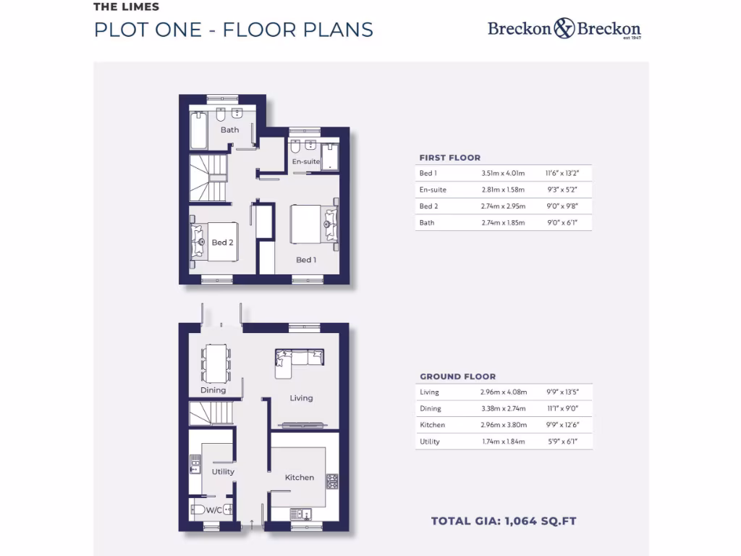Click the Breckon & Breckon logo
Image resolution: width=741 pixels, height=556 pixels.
(564, 29)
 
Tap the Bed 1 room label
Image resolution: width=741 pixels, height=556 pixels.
(306, 260)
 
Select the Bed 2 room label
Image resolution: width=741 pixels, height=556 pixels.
(223, 243)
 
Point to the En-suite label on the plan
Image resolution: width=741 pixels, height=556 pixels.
(305, 161)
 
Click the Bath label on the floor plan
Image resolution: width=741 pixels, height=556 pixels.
(230, 130)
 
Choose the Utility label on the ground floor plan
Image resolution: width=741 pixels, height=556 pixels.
(223, 472)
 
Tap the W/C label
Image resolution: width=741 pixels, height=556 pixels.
(214, 510)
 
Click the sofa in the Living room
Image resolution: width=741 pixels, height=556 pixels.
(299, 360)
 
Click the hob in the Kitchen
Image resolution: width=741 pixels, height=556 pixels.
(332, 481)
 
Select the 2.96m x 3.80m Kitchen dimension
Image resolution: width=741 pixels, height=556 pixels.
(503, 425)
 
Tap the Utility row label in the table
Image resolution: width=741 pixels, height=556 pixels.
(430, 442)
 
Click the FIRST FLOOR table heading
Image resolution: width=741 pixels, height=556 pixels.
(450, 158)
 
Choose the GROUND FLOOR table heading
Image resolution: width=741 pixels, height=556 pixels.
(458, 376)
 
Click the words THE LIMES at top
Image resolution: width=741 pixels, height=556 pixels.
(126, 7)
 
